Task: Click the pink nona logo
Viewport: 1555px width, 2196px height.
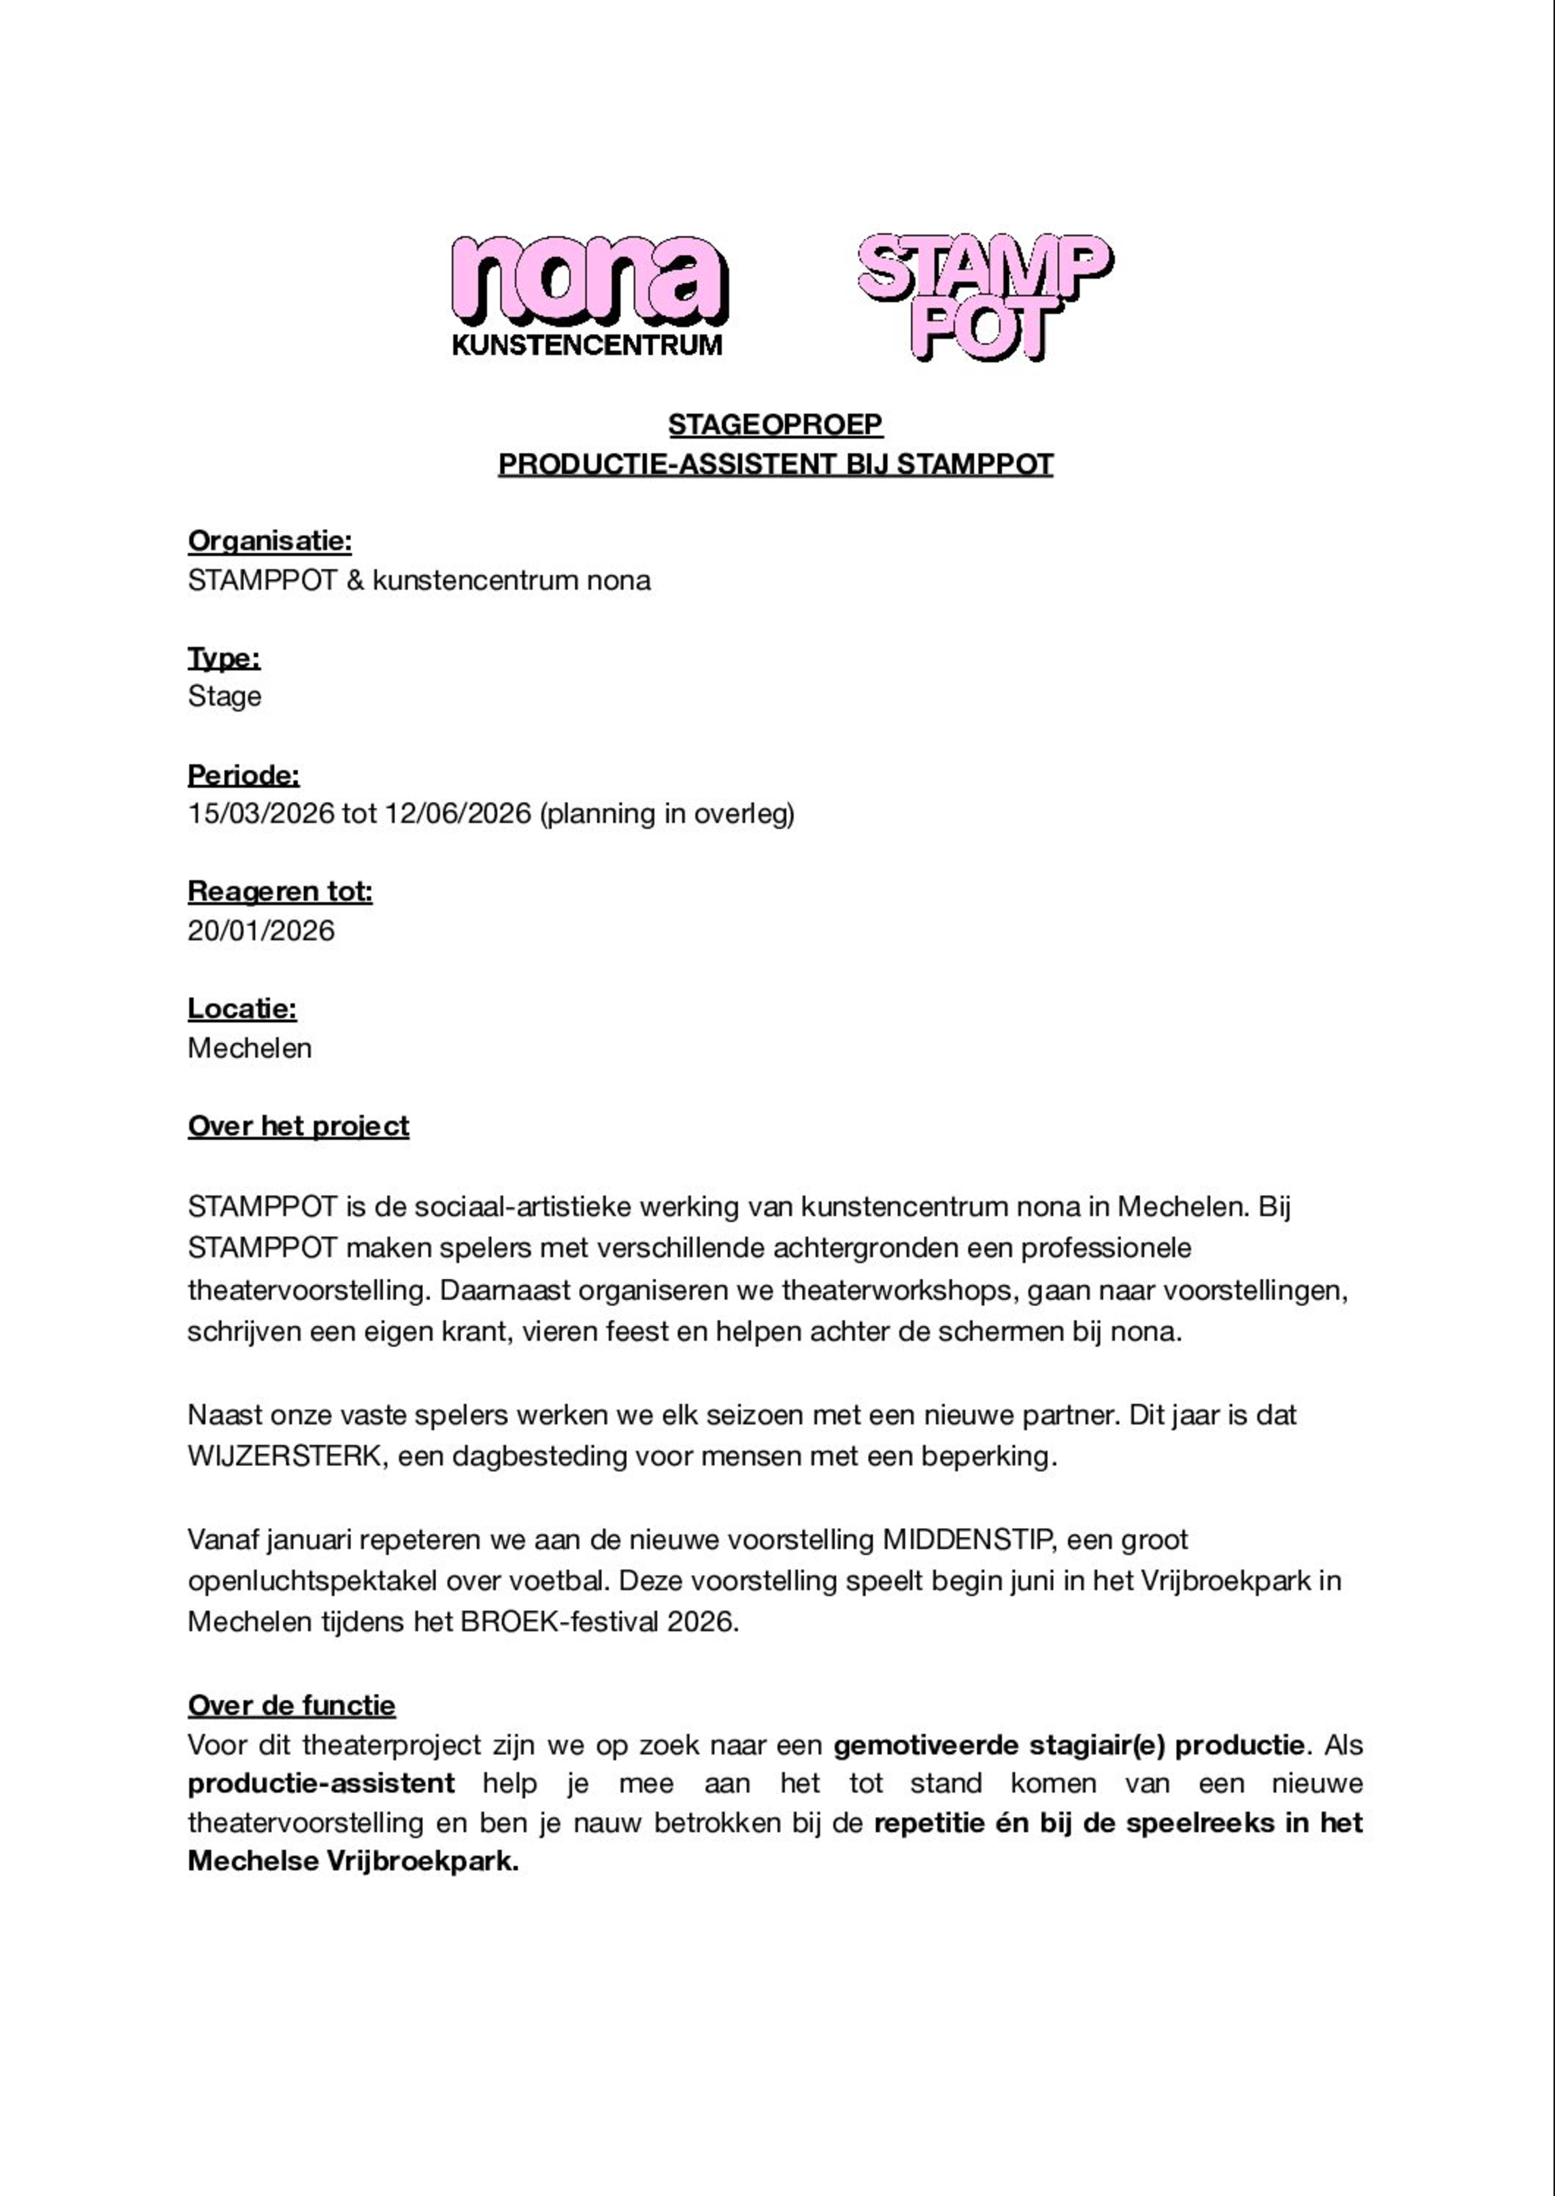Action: tap(589, 280)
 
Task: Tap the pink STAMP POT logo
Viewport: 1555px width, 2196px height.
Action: tap(984, 297)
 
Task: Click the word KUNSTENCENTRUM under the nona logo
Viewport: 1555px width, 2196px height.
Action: tap(587, 346)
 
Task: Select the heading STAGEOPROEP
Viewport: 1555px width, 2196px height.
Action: tap(775, 425)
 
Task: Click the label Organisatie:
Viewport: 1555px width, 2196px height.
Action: tap(270, 541)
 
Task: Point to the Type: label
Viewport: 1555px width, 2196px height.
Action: tap(224, 658)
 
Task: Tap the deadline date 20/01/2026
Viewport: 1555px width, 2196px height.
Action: tap(261, 930)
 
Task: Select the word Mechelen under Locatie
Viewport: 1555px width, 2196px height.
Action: tap(250, 1048)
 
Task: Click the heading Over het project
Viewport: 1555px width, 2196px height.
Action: tap(299, 1127)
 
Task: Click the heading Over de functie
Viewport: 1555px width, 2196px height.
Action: tap(292, 1706)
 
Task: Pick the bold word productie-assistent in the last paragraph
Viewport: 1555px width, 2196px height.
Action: tap(322, 1783)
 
